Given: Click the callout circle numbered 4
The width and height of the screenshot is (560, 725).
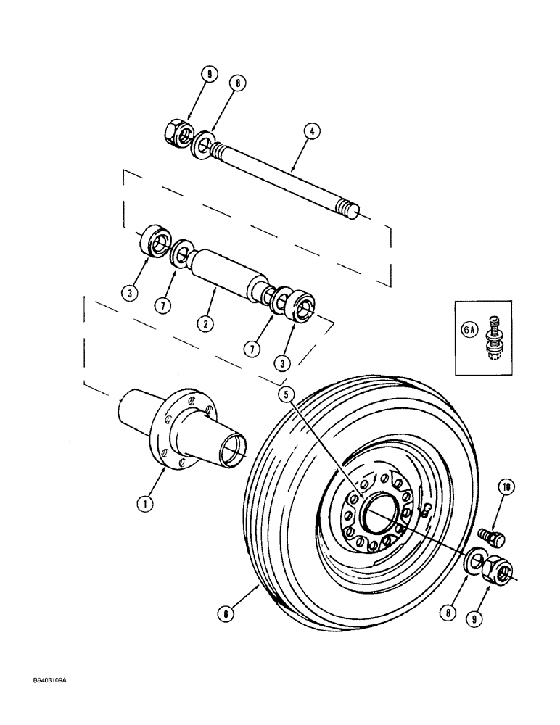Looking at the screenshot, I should [x=311, y=131].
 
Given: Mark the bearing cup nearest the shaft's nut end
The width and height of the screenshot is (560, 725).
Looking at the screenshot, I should [x=154, y=239].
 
